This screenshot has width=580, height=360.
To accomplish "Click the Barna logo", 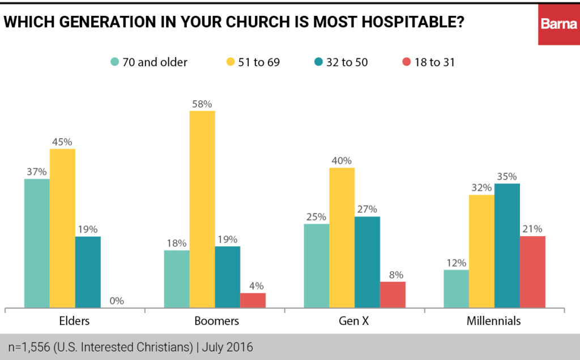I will tap(558, 24).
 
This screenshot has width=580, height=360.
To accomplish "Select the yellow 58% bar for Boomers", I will tap(202, 209).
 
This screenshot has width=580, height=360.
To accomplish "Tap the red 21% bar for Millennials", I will tap(532, 272).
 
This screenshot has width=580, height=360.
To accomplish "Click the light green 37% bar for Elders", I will tap(37, 243).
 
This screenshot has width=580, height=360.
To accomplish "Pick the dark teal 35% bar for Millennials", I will tap(507, 246).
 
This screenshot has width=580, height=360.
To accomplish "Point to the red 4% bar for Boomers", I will tap(253, 301).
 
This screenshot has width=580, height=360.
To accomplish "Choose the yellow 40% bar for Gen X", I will tap(342, 238).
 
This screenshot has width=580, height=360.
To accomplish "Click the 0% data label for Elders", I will tap(117, 301).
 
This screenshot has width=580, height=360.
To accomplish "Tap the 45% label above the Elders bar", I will tap(62, 142).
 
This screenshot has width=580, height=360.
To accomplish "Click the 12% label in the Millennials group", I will tap(456, 263).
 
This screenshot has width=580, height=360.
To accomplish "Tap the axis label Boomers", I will tap(216, 321).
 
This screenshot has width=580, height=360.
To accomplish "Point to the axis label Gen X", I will tap(354, 321).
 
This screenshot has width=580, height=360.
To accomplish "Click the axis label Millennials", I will tap(493, 321).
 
